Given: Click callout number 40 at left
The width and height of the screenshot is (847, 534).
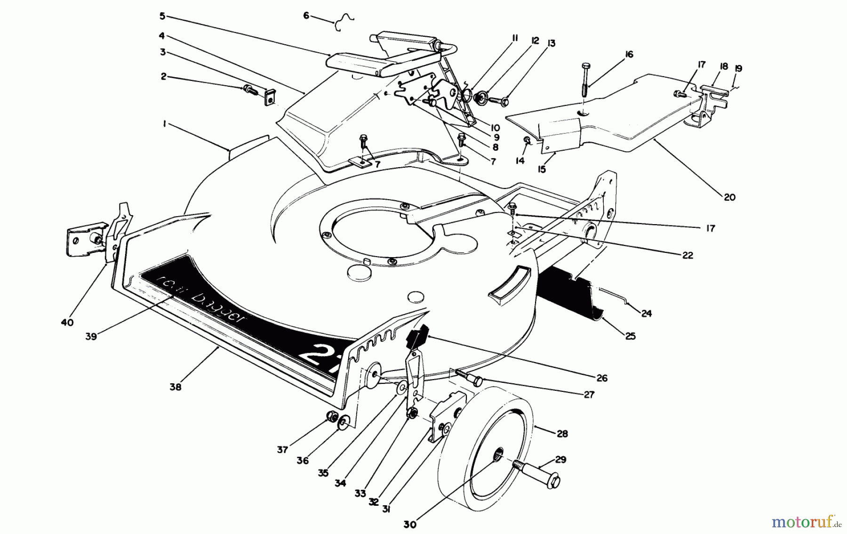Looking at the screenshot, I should point(67,323).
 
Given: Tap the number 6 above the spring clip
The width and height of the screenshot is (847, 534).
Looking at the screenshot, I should point(306,16).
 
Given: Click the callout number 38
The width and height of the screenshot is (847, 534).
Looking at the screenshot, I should point(175,387).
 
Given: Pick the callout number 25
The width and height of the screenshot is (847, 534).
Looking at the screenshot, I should point(630,336).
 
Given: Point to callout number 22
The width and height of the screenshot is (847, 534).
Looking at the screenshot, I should point(687,255).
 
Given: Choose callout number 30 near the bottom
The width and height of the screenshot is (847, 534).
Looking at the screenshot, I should point(409,524).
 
